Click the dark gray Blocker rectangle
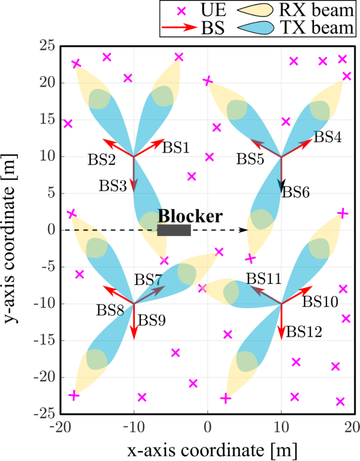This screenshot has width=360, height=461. (x=174, y=230)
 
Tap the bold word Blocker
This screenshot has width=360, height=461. (x=190, y=216)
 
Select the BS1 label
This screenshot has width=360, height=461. (x=176, y=148)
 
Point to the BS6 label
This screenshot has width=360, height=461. (x=296, y=193)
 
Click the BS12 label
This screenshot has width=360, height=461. (x=304, y=332)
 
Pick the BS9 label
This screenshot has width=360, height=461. (x=152, y=320)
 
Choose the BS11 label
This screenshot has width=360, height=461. (x=264, y=278)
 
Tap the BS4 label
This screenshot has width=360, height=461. (x=327, y=137)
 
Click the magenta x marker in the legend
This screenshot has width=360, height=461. (x=182, y=11)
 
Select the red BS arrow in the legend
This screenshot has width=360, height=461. (x=179, y=27)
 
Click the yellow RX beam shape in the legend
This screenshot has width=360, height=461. (x=255, y=10)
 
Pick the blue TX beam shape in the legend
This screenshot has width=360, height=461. (x=255, y=28)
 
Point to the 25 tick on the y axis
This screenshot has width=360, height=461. (x=48, y=46)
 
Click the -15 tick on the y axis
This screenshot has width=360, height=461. (x=44, y=341)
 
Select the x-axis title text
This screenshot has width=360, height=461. (x=212, y=450)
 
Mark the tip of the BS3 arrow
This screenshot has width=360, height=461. (x=134, y=192)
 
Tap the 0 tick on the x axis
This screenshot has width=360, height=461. (x=208, y=427)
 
